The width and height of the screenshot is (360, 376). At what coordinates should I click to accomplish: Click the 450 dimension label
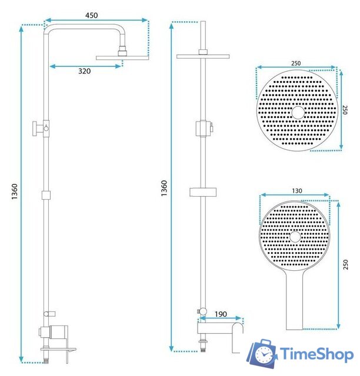click(x=92, y=15)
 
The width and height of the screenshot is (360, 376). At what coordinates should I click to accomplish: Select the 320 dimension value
click(x=85, y=71)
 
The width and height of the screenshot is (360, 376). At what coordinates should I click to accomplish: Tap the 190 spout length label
click(x=221, y=314)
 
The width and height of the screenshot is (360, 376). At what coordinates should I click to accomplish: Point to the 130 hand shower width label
click(x=297, y=191)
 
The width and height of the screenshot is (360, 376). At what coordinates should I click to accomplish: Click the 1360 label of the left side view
click(x=15, y=192)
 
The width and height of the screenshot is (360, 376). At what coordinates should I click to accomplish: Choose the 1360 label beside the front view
click(x=164, y=188)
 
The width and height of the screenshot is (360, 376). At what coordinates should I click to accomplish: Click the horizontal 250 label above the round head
click(x=296, y=63)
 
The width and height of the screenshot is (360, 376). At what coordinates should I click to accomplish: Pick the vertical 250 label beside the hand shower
click(x=345, y=264)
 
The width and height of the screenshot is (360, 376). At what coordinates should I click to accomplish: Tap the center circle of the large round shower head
click(x=298, y=112)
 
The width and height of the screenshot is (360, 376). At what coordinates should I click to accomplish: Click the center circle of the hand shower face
click(x=295, y=237)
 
